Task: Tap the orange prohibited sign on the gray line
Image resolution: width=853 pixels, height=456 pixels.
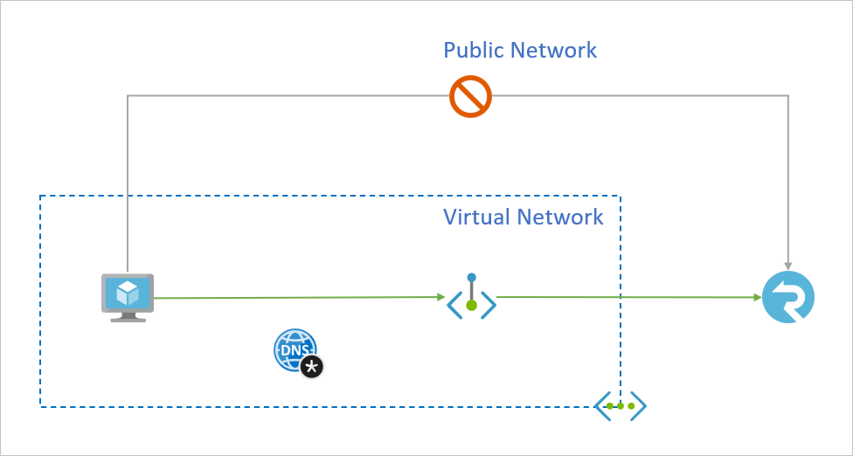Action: tap(470, 96)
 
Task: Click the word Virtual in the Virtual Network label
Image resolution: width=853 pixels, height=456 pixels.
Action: tap(476, 217)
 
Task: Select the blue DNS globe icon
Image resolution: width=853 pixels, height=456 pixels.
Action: tap(293, 349)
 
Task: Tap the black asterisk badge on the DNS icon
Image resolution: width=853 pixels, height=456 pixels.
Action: tap(312, 367)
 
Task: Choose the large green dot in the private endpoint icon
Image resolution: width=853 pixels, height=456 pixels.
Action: tap(471, 305)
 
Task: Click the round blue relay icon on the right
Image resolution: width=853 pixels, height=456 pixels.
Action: tap(787, 298)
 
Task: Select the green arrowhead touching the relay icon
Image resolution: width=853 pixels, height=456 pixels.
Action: tap(756, 298)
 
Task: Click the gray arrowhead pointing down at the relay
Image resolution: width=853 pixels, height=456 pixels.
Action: tap(788, 264)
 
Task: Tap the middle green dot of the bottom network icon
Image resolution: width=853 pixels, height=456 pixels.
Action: tap(621, 406)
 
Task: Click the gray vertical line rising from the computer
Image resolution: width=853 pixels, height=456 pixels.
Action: tap(128, 183)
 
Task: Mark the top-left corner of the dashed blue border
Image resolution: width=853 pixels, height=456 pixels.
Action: tap(41, 197)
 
